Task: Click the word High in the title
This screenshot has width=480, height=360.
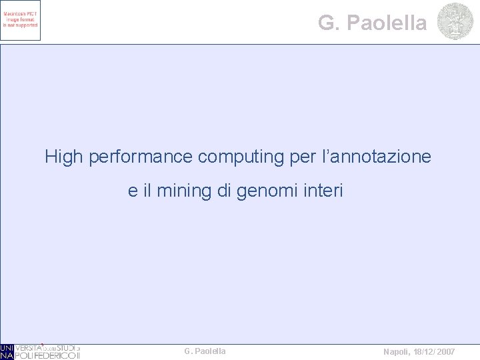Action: tap(64, 157)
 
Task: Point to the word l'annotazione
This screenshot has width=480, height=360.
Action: tap(377, 157)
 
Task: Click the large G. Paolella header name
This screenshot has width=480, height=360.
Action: tap(372, 23)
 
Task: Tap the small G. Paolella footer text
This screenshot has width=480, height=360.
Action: tap(205, 351)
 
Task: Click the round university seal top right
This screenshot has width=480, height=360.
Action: tap(455, 21)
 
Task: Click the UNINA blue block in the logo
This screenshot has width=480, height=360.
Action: tap(7, 351)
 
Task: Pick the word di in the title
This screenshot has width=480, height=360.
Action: tap(225, 192)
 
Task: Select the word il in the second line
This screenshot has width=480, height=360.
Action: tap(147, 192)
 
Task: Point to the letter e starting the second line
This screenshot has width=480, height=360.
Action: tap(133, 192)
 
